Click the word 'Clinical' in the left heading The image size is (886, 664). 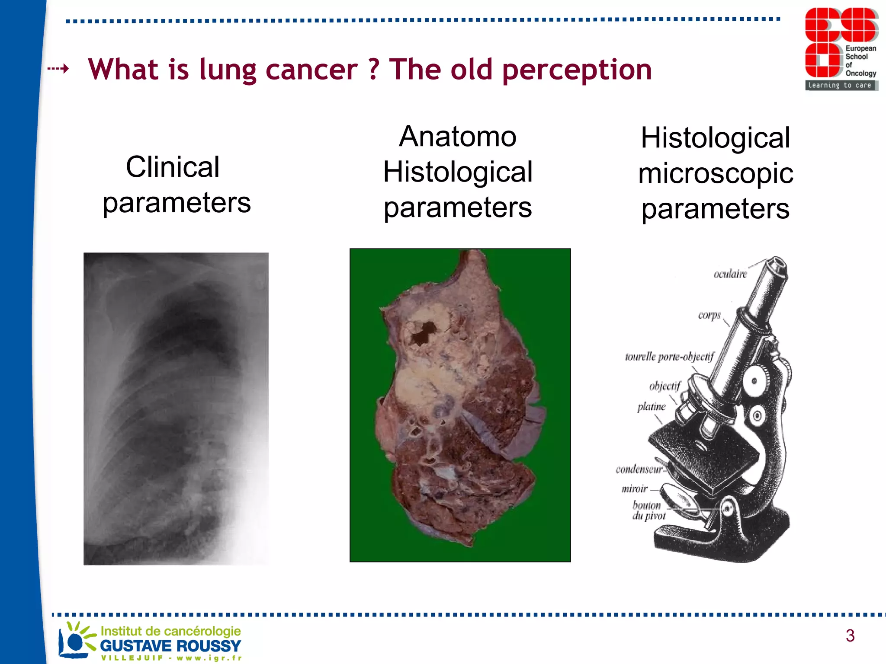tap(173, 167)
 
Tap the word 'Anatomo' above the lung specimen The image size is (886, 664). tap(457, 137)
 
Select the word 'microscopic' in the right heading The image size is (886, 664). tap(716, 173)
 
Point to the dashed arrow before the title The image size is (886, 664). tap(58, 69)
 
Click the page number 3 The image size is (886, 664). tap(850, 635)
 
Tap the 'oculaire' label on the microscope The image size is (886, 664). tap(730, 274)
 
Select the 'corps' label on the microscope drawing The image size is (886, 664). tap(709, 315)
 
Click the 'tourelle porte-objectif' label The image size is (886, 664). tap(669, 357)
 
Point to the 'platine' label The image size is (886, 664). tap(651, 407)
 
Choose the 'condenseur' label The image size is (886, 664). tap(639, 469)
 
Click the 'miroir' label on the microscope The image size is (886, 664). tap(635, 489)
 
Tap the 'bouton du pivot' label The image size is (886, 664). tap(648, 511)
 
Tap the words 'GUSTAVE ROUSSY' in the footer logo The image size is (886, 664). tap(170, 646)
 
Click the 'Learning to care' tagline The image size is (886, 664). tap(840, 86)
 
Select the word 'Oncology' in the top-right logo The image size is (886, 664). tap(860, 73)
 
